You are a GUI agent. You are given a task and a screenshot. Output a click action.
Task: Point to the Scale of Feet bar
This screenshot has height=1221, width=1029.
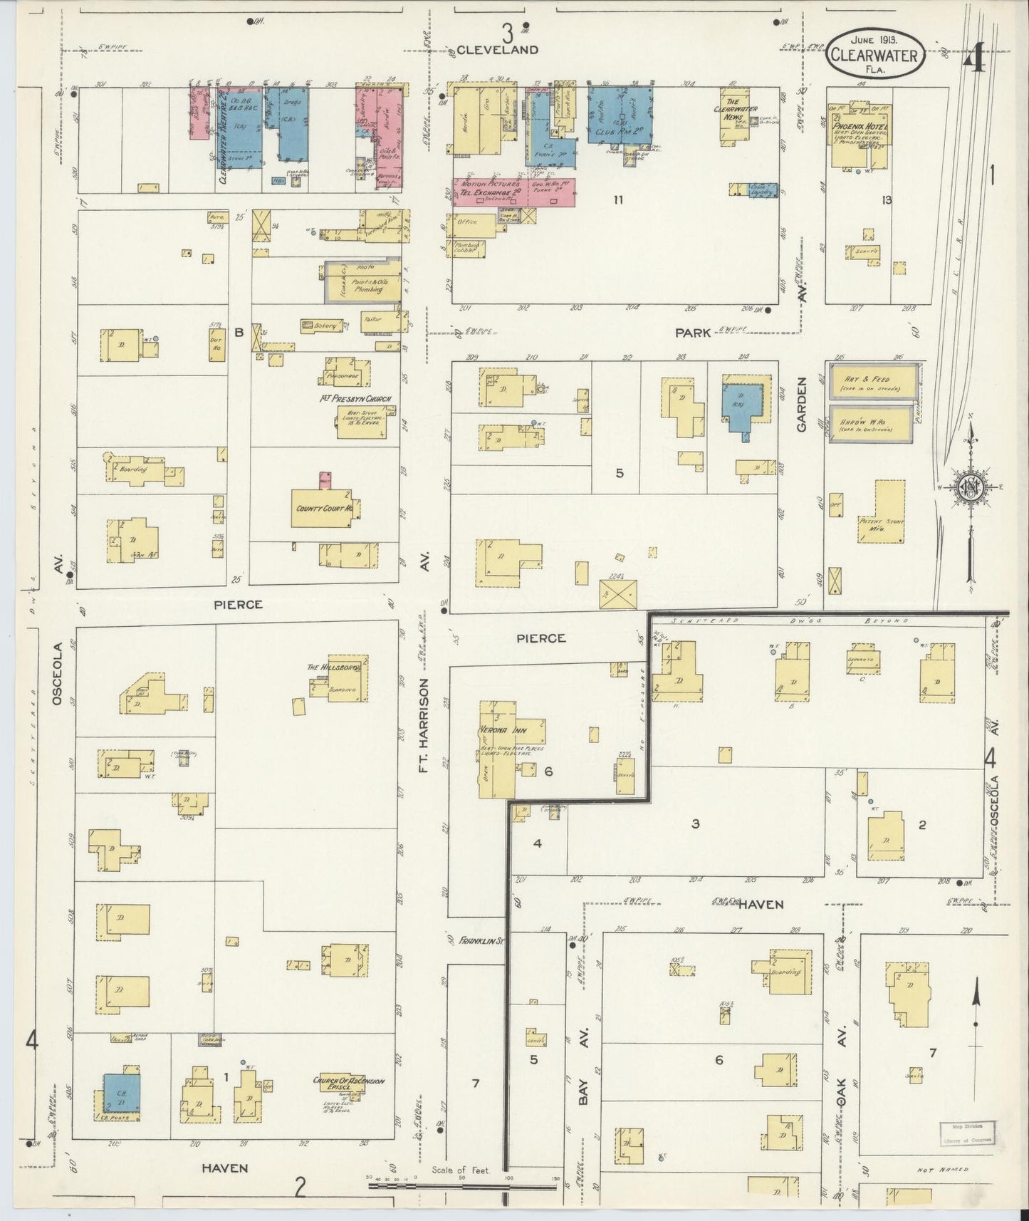click(x=463, y=1185)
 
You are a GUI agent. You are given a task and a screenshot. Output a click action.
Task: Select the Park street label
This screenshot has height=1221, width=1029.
click(x=693, y=333)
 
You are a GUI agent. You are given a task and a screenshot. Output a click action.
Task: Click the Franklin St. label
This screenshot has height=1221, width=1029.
click(x=481, y=940)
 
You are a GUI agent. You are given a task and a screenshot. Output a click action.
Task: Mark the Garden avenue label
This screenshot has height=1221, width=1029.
click(x=803, y=404)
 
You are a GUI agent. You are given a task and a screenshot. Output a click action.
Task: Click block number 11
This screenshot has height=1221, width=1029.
click(x=617, y=200)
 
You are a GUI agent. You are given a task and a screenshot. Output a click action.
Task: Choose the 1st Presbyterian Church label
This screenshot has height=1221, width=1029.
click(x=355, y=398)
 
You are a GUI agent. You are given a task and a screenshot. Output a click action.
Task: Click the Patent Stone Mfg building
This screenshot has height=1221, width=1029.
click(x=884, y=524)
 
